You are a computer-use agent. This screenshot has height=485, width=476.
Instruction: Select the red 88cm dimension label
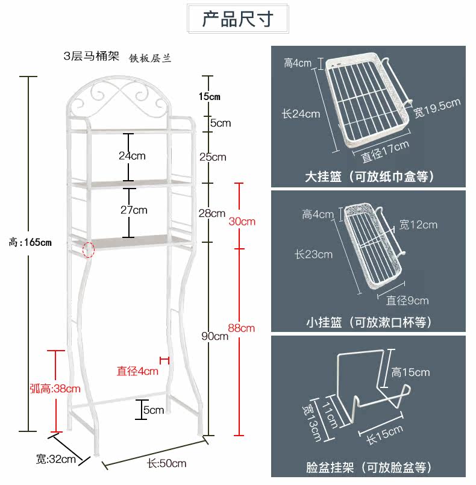click(241, 328)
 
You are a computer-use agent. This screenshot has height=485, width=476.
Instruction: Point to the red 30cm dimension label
click(242, 221)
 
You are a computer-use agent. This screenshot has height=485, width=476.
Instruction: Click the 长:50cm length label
click(166, 463)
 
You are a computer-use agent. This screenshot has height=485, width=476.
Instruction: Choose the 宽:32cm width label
click(55, 459)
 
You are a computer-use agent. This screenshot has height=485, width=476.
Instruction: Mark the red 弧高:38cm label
click(55, 389)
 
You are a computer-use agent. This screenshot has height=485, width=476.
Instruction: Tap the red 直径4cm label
click(137, 371)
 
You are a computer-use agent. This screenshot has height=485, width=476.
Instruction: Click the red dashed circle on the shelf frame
click(88, 249)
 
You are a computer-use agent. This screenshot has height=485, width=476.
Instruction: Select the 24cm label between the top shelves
click(131, 155)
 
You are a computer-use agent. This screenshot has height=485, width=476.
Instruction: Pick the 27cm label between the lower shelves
click(134, 210)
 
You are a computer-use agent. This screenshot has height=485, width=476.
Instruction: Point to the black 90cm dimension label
click(214, 336)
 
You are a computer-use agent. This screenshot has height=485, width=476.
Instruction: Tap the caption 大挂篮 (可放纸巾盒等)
click(369, 177)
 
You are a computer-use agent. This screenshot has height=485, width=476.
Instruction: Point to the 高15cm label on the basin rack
click(410, 372)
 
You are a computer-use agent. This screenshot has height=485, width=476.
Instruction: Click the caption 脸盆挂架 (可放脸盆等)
click(369, 468)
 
